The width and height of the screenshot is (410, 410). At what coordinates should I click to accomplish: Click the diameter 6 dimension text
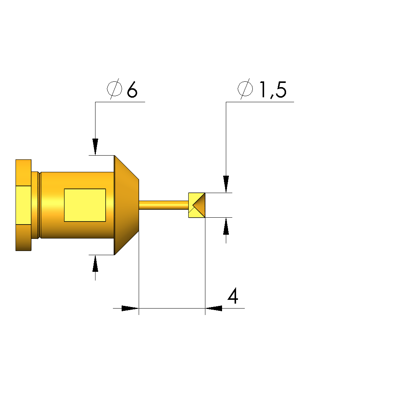tap(122, 89)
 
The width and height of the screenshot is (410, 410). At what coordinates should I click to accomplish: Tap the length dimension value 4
tap(233, 296)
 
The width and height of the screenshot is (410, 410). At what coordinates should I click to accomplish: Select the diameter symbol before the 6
tap(114, 89)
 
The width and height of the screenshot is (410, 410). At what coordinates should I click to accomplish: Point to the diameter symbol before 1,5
tap(245, 89)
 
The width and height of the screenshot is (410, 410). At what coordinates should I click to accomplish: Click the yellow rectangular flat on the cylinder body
tap(85, 205)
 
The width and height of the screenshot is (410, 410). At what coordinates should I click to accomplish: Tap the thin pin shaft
tap(164, 205)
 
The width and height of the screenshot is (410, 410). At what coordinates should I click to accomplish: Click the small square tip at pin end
tap(197, 205)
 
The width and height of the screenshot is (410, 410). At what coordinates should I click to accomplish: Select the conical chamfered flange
tap(127, 205)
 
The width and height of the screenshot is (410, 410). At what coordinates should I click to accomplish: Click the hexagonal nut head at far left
tap(23, 205)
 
